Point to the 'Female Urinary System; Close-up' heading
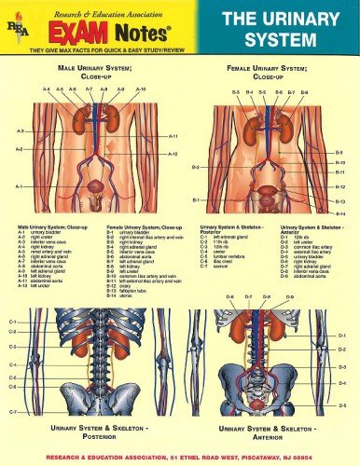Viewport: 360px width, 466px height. click(x=270, y=74)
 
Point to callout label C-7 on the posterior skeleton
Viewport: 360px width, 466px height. click(x=12, y=411)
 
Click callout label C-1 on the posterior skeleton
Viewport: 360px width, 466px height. click(x=12, y=322)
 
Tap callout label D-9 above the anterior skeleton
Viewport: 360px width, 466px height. click(x=290, y=297)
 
